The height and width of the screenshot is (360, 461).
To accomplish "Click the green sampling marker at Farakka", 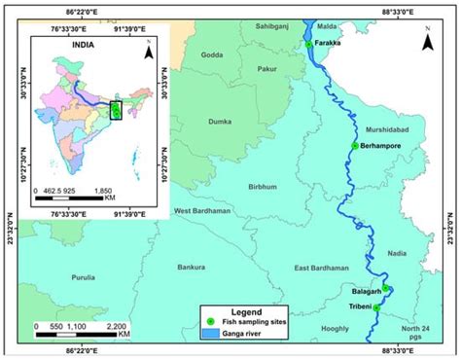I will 309,45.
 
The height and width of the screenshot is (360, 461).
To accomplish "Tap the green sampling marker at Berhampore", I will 355,146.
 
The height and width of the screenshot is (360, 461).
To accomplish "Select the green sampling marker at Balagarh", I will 386,288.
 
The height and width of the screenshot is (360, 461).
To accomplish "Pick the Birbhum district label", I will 264,186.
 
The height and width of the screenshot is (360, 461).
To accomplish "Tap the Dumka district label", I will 222,122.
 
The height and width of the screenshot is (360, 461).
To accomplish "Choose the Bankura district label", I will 192,267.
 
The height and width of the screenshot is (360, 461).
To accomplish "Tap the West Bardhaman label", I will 201,211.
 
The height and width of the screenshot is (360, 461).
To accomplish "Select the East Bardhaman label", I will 321,268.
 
